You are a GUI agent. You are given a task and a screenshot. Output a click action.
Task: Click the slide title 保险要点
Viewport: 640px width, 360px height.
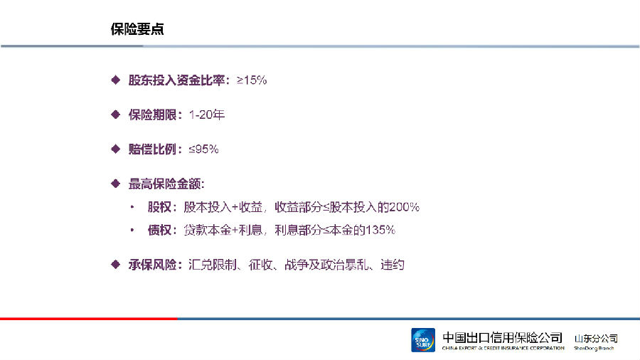137,29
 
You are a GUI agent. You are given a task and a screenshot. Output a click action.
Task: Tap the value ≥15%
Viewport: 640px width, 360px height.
252,80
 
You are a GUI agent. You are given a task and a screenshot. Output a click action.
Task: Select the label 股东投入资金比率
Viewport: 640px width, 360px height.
176,80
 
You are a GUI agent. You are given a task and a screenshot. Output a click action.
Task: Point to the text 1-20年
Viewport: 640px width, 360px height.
206,115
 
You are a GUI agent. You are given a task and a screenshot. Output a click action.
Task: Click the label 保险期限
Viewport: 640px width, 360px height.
152,115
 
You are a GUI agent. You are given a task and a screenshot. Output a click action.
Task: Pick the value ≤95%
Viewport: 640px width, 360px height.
203,149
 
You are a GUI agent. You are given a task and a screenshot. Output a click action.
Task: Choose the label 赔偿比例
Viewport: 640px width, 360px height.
152,149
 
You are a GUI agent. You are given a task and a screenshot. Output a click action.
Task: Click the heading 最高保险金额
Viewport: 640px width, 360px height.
164,184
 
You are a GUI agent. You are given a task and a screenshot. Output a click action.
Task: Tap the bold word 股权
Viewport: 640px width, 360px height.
159,207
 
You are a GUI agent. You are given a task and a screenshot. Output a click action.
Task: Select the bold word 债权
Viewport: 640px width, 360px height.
159,230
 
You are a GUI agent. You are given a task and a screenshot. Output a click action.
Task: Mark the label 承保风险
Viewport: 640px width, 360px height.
152,265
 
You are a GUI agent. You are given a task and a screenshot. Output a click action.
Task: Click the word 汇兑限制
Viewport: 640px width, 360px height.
212,265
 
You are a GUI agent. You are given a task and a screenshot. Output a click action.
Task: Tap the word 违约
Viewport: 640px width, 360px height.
393,265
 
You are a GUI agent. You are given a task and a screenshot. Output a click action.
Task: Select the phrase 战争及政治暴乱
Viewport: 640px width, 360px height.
326,265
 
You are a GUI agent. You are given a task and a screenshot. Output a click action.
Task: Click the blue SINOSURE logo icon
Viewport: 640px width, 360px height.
423,340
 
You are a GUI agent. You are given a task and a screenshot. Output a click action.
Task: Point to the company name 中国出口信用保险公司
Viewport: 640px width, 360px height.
503,337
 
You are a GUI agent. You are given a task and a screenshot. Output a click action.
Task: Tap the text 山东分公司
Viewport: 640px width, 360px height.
596,339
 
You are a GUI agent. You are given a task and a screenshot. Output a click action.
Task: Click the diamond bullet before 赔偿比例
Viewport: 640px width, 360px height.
115,149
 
